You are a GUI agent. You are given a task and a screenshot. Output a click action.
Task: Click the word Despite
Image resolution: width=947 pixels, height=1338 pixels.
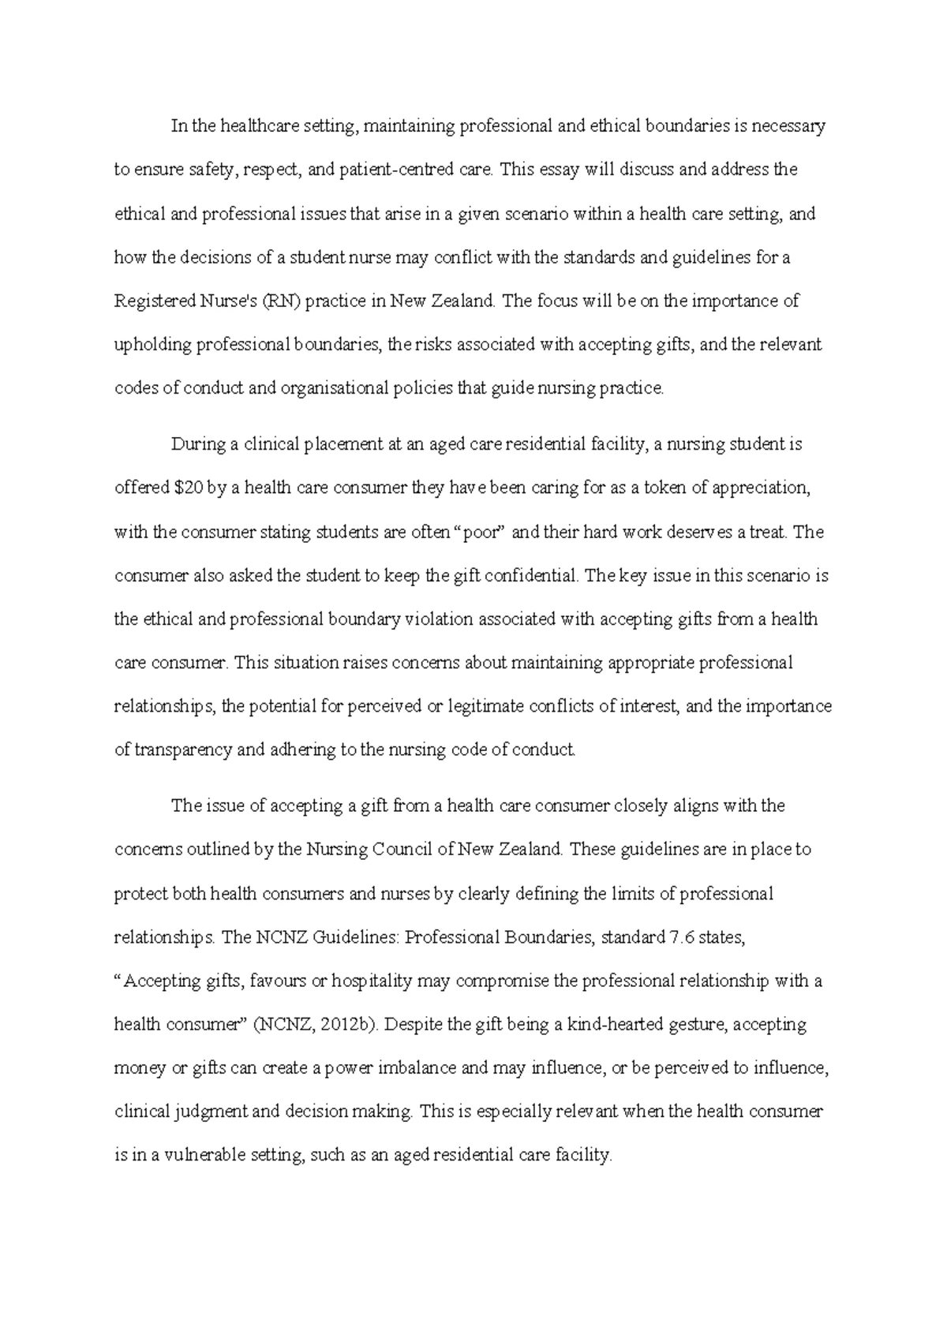415,1024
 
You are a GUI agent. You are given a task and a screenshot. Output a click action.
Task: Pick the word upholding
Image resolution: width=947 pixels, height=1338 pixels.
152,345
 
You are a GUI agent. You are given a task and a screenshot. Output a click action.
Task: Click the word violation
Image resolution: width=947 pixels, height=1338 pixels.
440,619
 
